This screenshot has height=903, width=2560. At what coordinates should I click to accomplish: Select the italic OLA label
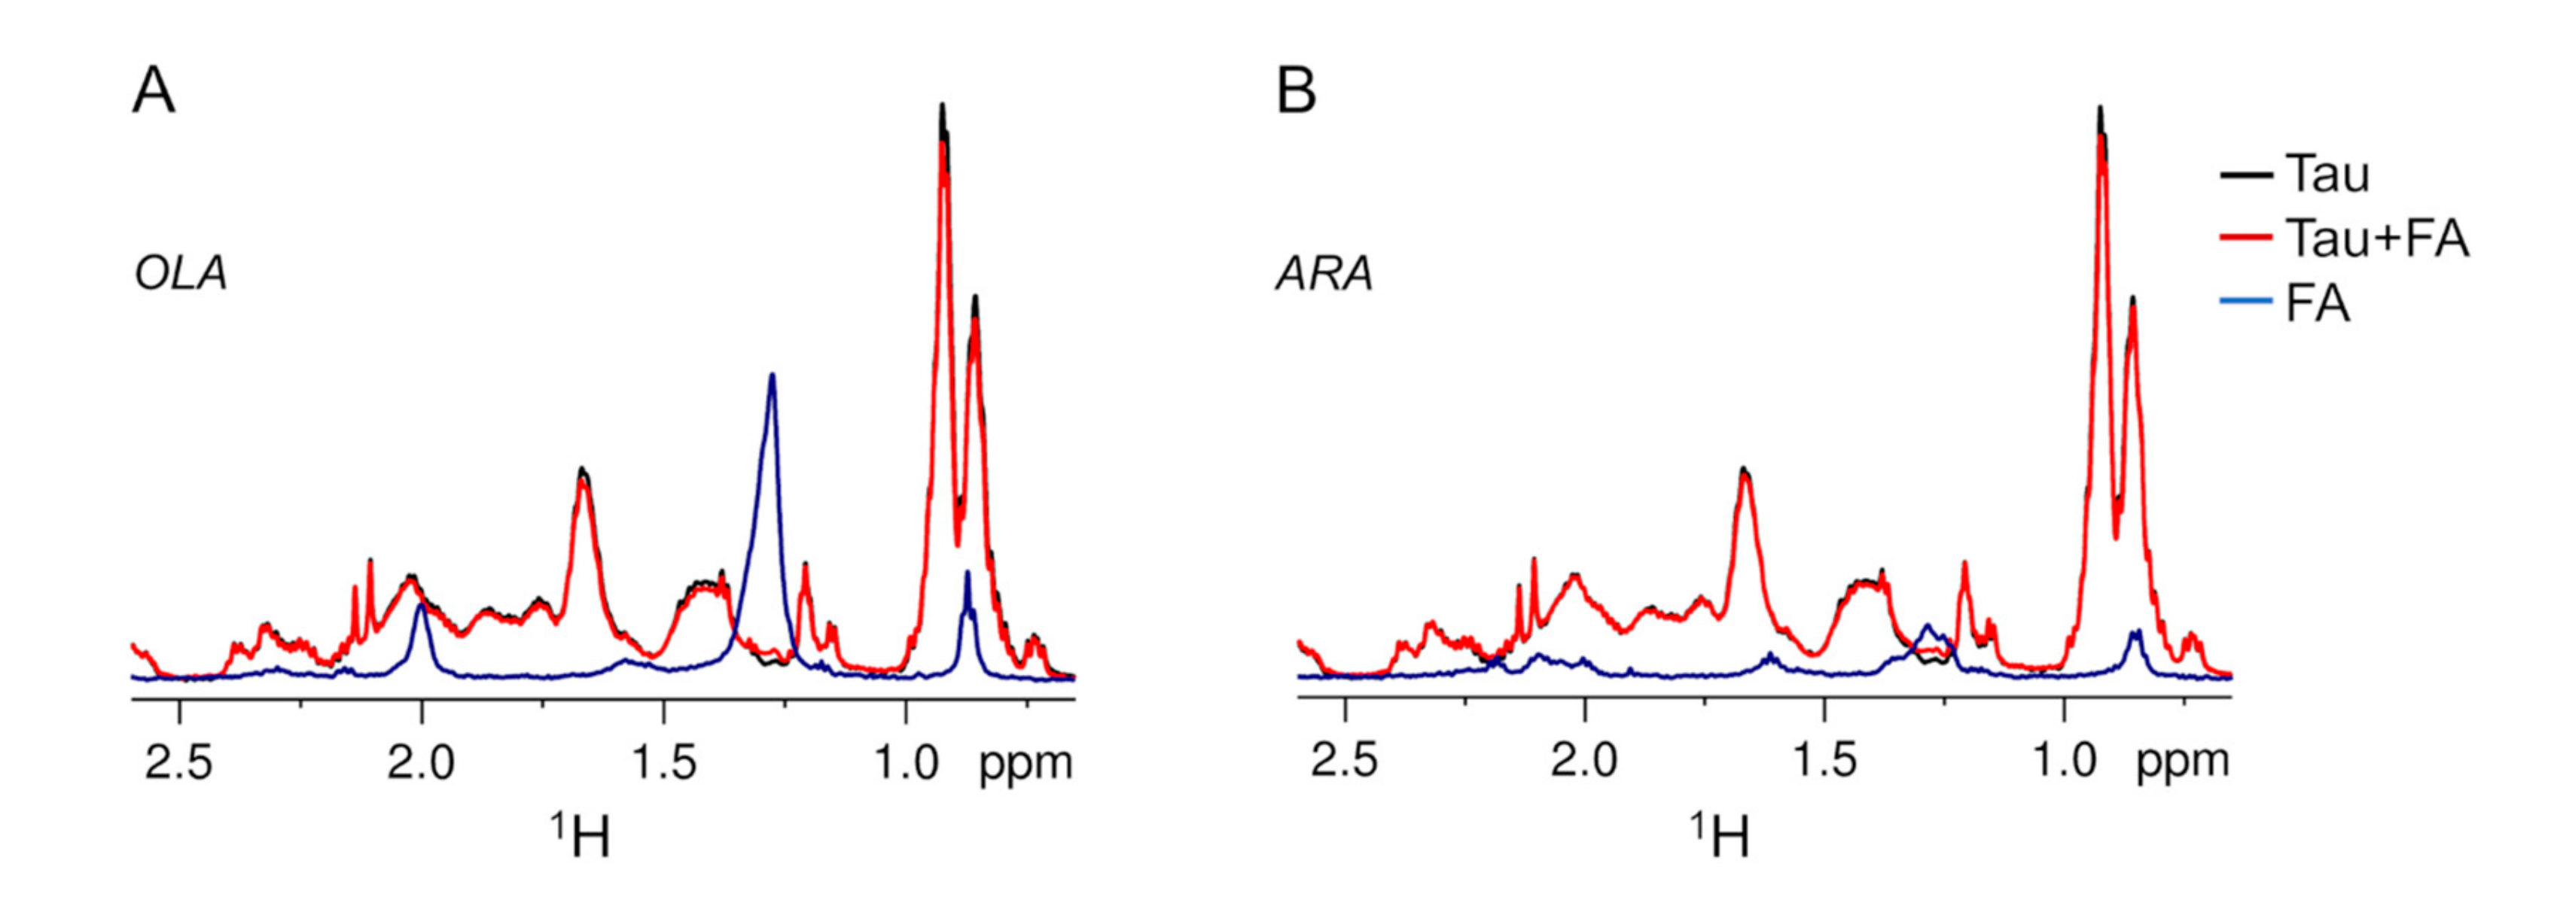181,274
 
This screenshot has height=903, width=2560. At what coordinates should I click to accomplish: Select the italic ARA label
1324,274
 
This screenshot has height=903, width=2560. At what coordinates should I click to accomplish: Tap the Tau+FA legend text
2376,239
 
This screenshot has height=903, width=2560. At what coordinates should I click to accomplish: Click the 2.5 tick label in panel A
180,764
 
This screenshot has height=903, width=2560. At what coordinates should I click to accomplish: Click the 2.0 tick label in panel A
422,764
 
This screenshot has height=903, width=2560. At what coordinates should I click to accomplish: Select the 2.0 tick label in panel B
1585,762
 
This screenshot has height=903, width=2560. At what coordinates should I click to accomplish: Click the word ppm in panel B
2184,763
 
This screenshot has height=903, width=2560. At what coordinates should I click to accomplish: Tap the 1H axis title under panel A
581,837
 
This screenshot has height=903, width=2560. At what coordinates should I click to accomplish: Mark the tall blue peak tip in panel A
773,375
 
